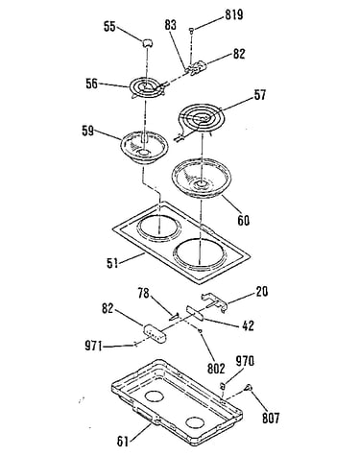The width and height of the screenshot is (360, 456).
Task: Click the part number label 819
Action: (234, 14)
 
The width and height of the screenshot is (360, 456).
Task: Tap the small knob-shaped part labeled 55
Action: (147, 42)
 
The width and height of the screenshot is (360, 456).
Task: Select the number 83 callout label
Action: (171, 25)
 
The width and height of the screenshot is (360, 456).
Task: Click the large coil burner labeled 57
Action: (203, 119)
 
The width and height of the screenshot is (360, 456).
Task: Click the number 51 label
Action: (112, 263)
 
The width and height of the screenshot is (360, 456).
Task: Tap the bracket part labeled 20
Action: (214, 300)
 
